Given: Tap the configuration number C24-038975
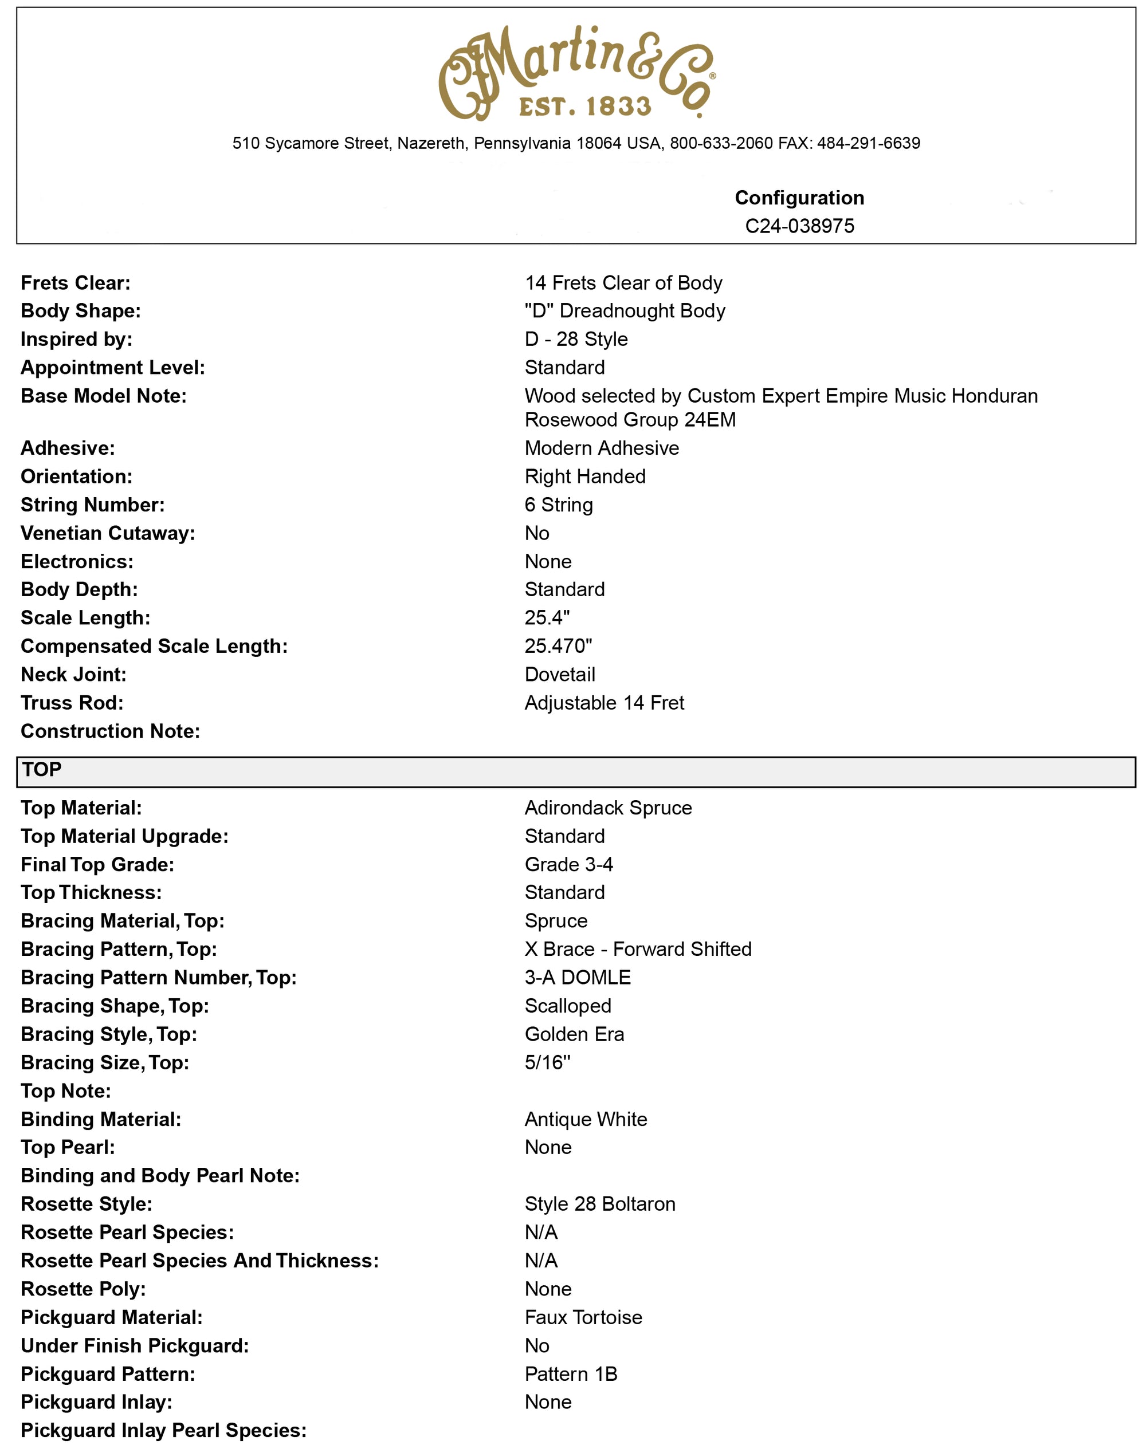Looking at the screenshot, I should point(799,226).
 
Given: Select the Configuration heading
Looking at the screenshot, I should point(799,198).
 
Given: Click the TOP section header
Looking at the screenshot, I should point(42,770).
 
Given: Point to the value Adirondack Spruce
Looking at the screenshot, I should point(608,808).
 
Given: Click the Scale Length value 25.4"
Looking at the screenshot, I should point(547,617).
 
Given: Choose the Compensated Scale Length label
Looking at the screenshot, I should point(154,647).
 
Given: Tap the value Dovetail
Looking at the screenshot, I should point(560,675).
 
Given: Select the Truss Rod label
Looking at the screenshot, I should point(72,703).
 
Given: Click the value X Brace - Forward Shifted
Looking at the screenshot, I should point(637,950).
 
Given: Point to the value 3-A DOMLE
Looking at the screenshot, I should point(577,978).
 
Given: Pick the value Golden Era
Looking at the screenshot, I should point(574,1034).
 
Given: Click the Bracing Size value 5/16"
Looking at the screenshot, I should point(547,1063).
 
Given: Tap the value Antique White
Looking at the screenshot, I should point(585,1119).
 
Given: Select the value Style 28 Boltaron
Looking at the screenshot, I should point(599,1204).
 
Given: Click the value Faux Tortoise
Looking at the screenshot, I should point(583,1318).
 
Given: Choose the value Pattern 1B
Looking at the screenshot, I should point(570,1374).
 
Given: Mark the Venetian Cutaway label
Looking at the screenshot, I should point(107,533).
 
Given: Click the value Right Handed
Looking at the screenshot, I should point(584,477).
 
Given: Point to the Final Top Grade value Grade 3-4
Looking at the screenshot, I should point(568,864).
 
